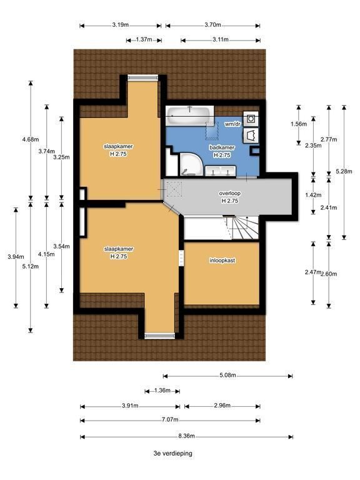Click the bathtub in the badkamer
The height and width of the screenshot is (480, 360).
189,116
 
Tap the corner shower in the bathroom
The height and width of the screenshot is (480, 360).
191,164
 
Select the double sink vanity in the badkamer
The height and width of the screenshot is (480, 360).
220,171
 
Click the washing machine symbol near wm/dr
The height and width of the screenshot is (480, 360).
251,118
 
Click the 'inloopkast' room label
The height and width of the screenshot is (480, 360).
222,261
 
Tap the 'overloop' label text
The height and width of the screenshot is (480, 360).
229,194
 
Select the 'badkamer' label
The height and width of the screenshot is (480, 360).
222,147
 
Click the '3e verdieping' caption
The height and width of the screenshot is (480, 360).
173,453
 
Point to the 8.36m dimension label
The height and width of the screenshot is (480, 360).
186,436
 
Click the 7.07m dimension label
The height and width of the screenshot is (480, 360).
170,420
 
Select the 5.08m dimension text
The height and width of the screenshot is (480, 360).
227,375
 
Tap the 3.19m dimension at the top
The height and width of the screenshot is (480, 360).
120,25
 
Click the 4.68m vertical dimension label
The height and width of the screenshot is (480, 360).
31,139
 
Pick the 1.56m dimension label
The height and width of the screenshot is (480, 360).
299,124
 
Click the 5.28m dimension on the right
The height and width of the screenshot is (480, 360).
344,171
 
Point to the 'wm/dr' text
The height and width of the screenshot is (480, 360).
232,124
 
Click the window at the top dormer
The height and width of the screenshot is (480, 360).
143,77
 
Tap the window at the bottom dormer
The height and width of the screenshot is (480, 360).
160,336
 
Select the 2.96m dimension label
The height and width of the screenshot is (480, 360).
222,406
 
